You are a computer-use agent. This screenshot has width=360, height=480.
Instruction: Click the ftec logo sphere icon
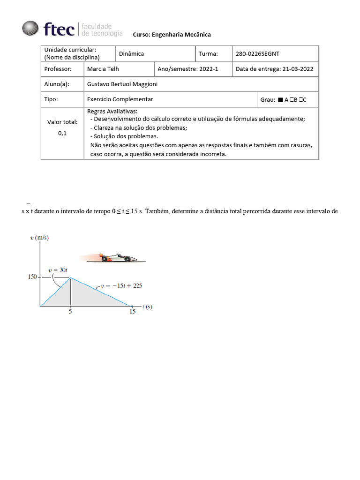pos(30,28)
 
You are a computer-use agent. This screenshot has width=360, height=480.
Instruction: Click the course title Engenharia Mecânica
pos(172,35)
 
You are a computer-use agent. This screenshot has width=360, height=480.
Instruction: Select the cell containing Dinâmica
pos(131,54)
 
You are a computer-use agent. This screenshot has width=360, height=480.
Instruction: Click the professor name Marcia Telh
pos(103,69)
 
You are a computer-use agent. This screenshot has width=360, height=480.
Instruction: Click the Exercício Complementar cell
pos(120,99)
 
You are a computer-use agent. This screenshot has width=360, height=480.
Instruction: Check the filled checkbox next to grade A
pos(280,100)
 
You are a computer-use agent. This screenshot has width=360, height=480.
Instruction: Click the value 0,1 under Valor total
pos(62,133)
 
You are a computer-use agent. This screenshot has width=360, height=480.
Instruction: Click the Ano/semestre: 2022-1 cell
pos(187,69)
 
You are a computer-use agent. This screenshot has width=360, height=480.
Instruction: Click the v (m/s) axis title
pos(39,238)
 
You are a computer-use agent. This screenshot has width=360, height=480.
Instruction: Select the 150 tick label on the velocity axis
pos(32,277)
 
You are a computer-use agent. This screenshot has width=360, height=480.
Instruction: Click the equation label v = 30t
pos(58,270)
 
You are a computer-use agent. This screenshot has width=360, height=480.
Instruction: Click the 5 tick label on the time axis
pos(70,311)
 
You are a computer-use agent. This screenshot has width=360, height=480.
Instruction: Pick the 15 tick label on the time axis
pos(133,311)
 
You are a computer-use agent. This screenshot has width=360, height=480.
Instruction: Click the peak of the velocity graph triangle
pos(71,277)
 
